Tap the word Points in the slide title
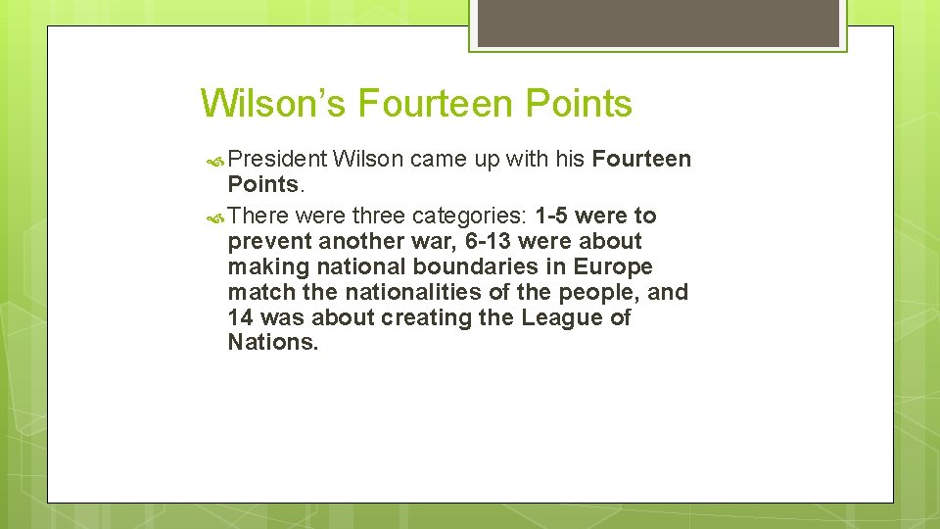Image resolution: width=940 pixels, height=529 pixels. pos(579,103)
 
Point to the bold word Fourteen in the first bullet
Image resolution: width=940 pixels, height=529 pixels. pos(641,159)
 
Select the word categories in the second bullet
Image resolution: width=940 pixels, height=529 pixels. pos(470,216)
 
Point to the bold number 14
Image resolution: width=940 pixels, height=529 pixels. pos(240,317)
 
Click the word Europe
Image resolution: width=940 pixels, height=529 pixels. pos(613,266)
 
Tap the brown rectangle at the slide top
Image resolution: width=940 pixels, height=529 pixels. pos(658,23)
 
